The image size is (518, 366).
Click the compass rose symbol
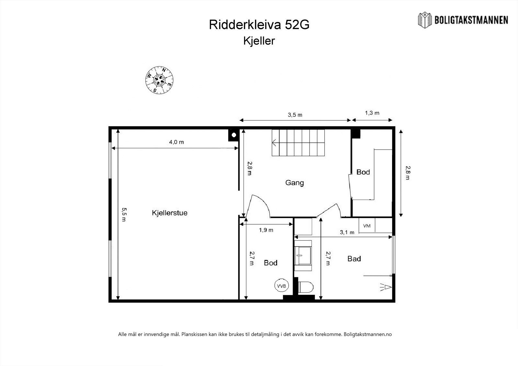tap(159, 80)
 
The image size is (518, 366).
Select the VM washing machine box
tap(367, 226)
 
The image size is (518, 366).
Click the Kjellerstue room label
tap(170, 213)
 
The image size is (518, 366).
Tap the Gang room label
tap(294, 183)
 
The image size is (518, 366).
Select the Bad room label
tap(354, 259)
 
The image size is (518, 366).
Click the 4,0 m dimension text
tap(176, 142)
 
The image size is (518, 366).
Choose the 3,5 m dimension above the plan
tap(295, 115)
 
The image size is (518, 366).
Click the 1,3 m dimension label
tap(372, 113)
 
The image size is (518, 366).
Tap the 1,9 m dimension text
tap(266, 230)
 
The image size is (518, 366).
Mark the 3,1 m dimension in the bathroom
tap(347, 232)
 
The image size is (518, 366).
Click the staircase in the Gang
tap(298, 143)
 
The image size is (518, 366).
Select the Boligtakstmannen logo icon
tap(425, 20)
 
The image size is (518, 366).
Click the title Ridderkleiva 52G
tap(259, 25)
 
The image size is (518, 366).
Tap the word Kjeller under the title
tap(259, 41)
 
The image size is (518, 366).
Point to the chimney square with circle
tap(233, 134)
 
